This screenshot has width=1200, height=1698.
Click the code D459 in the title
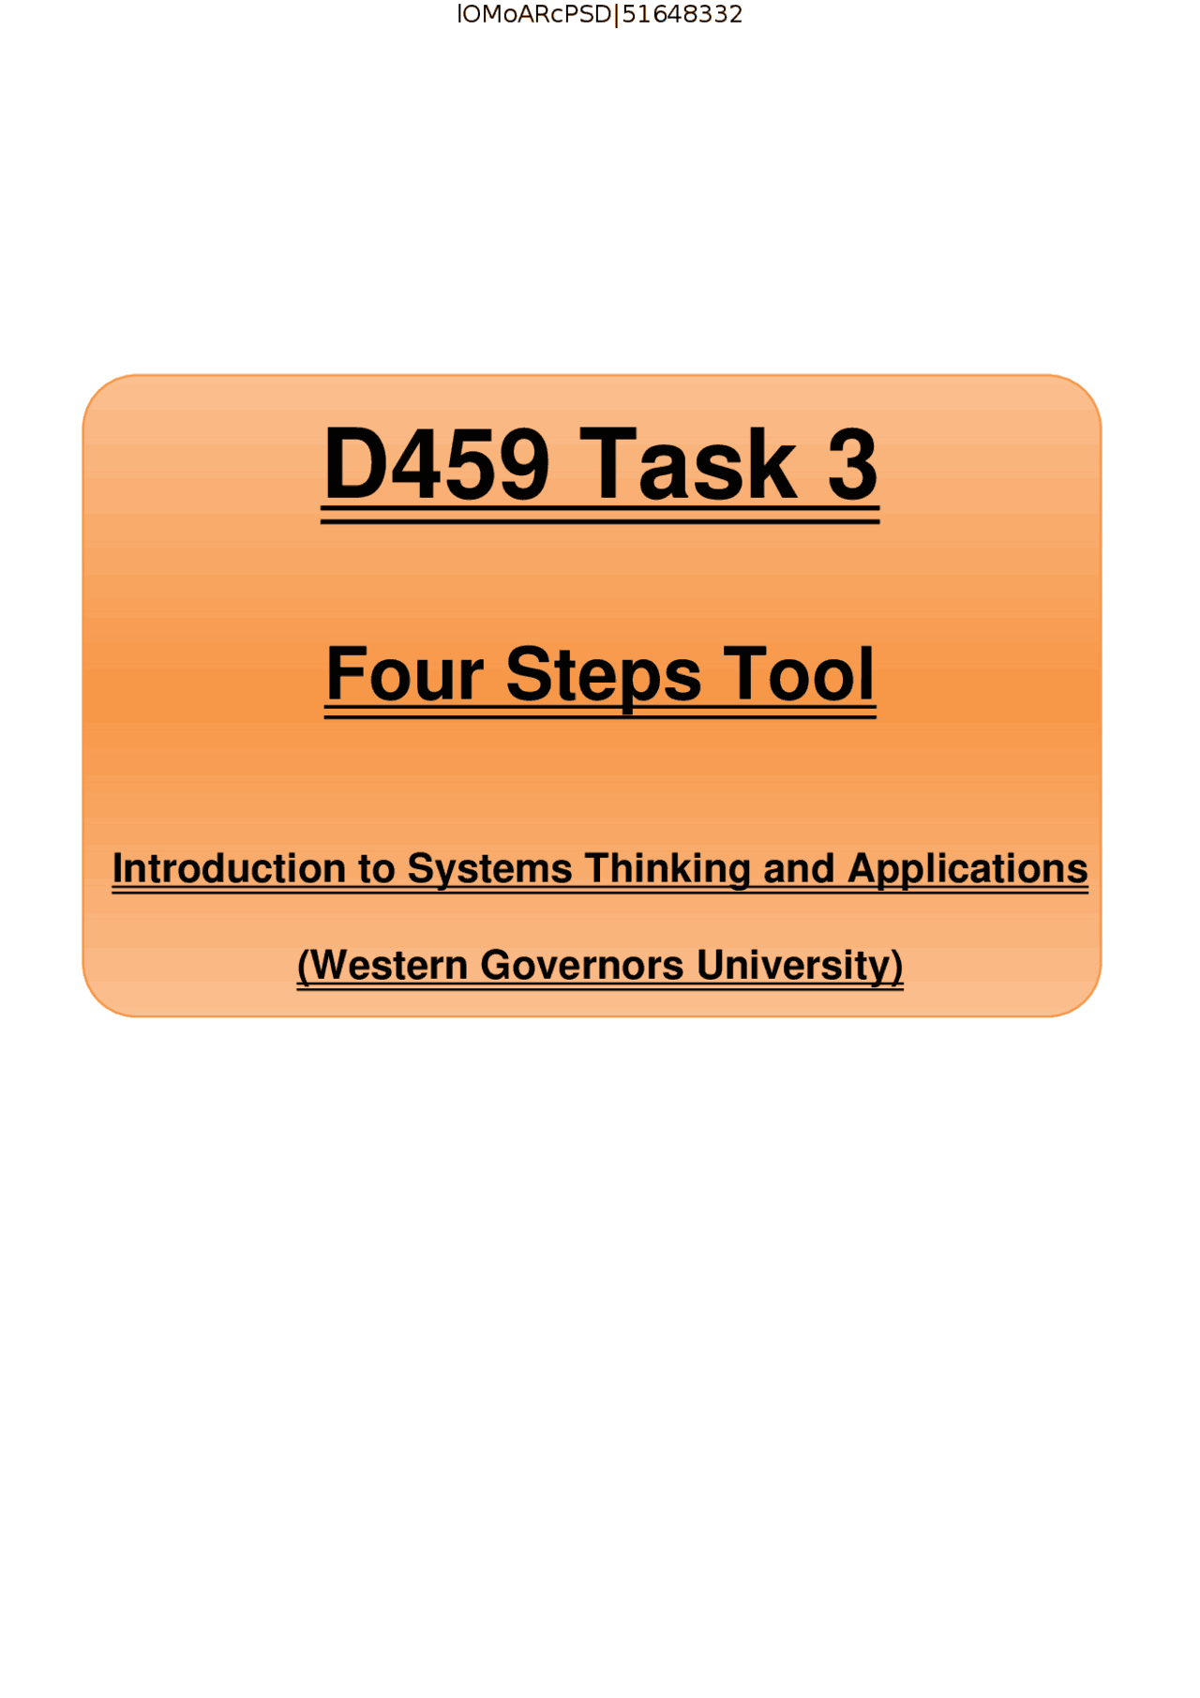point(436,463)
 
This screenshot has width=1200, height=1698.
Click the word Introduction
point(229,868)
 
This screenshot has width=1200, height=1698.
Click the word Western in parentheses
point(388,965)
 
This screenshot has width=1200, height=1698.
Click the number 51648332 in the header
point(682,15)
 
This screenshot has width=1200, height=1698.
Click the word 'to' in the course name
point(376,869)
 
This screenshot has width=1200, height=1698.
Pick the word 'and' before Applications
point(799,868)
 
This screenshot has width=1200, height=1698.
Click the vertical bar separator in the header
point(616,15)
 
